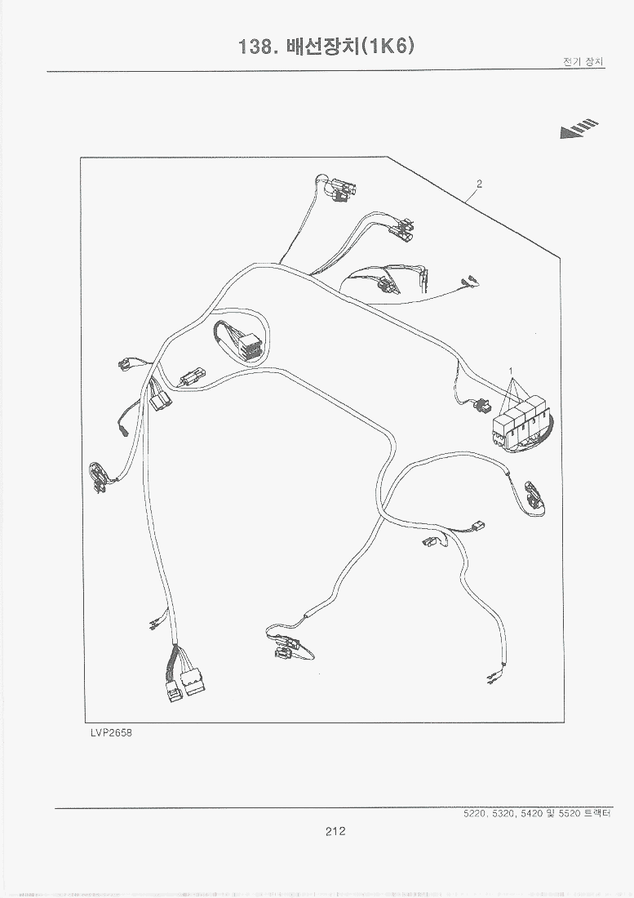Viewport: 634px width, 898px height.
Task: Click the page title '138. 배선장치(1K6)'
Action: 326,47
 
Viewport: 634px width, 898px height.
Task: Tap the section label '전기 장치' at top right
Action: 583,62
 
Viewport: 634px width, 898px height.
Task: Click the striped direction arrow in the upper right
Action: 579,129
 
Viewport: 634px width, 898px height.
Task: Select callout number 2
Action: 480,184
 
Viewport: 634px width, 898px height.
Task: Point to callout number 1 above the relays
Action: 511,371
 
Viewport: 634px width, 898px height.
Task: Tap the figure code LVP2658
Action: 111,732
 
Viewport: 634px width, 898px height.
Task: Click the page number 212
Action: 335,831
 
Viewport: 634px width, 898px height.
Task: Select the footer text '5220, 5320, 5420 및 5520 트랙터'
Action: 537,813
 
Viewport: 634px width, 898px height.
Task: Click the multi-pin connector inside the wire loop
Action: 250,346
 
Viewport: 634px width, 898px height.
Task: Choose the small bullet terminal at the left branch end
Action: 123,429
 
